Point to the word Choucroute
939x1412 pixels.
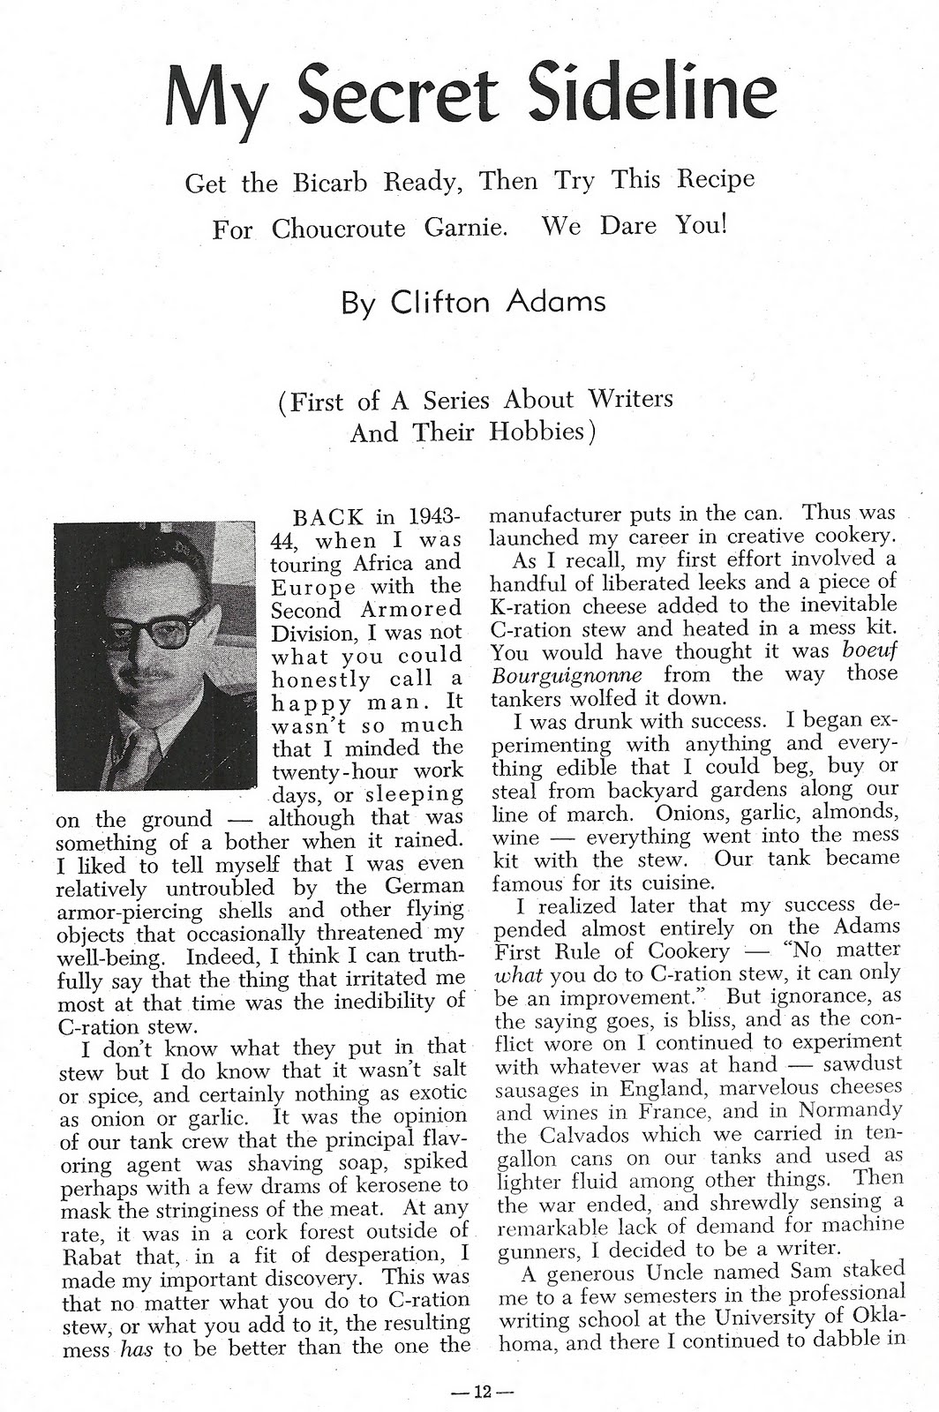pos(338,229)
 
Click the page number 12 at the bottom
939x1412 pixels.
pos(481,1393)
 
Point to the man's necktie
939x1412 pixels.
pos(141,751)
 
